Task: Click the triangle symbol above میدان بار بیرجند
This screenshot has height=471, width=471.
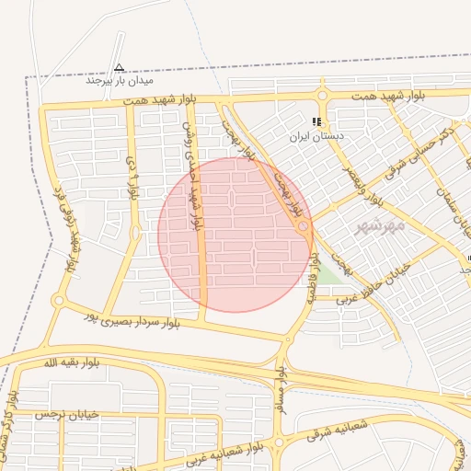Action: tap(119, 66)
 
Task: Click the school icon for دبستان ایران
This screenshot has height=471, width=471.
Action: tap(317, 121)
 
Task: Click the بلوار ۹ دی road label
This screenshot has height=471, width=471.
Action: tap(132, 179)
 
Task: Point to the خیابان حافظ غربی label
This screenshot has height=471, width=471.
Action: tap(377, 281)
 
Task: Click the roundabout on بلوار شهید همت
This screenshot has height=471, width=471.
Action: tap(323, 95)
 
